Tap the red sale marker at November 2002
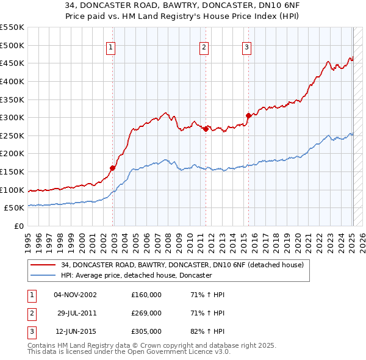[113, 168]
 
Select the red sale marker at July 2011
[206, 129]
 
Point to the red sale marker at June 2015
[248, 115]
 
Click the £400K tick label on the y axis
[12, 81]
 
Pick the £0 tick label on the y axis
[19, 226]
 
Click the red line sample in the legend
[43, 265]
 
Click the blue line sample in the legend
[43, 275]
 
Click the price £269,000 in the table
[146, 313]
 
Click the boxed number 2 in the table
[32, 313]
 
